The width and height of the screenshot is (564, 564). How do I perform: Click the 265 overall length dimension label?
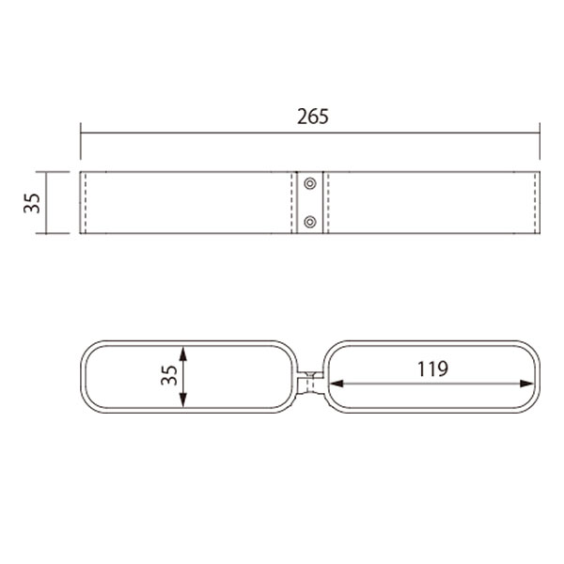313,117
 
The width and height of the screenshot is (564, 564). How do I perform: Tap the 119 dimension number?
432,368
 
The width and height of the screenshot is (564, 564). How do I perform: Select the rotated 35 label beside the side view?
32,203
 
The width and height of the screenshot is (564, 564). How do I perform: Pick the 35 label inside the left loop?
169,375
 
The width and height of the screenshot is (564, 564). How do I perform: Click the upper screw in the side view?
310,183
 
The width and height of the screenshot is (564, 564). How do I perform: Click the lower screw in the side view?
310,222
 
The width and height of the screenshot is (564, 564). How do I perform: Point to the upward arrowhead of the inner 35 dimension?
183,353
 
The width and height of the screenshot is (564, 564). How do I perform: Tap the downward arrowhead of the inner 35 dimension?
183,400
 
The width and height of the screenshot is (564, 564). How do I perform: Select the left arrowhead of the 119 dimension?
336,384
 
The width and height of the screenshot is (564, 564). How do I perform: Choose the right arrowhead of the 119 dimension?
527,384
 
